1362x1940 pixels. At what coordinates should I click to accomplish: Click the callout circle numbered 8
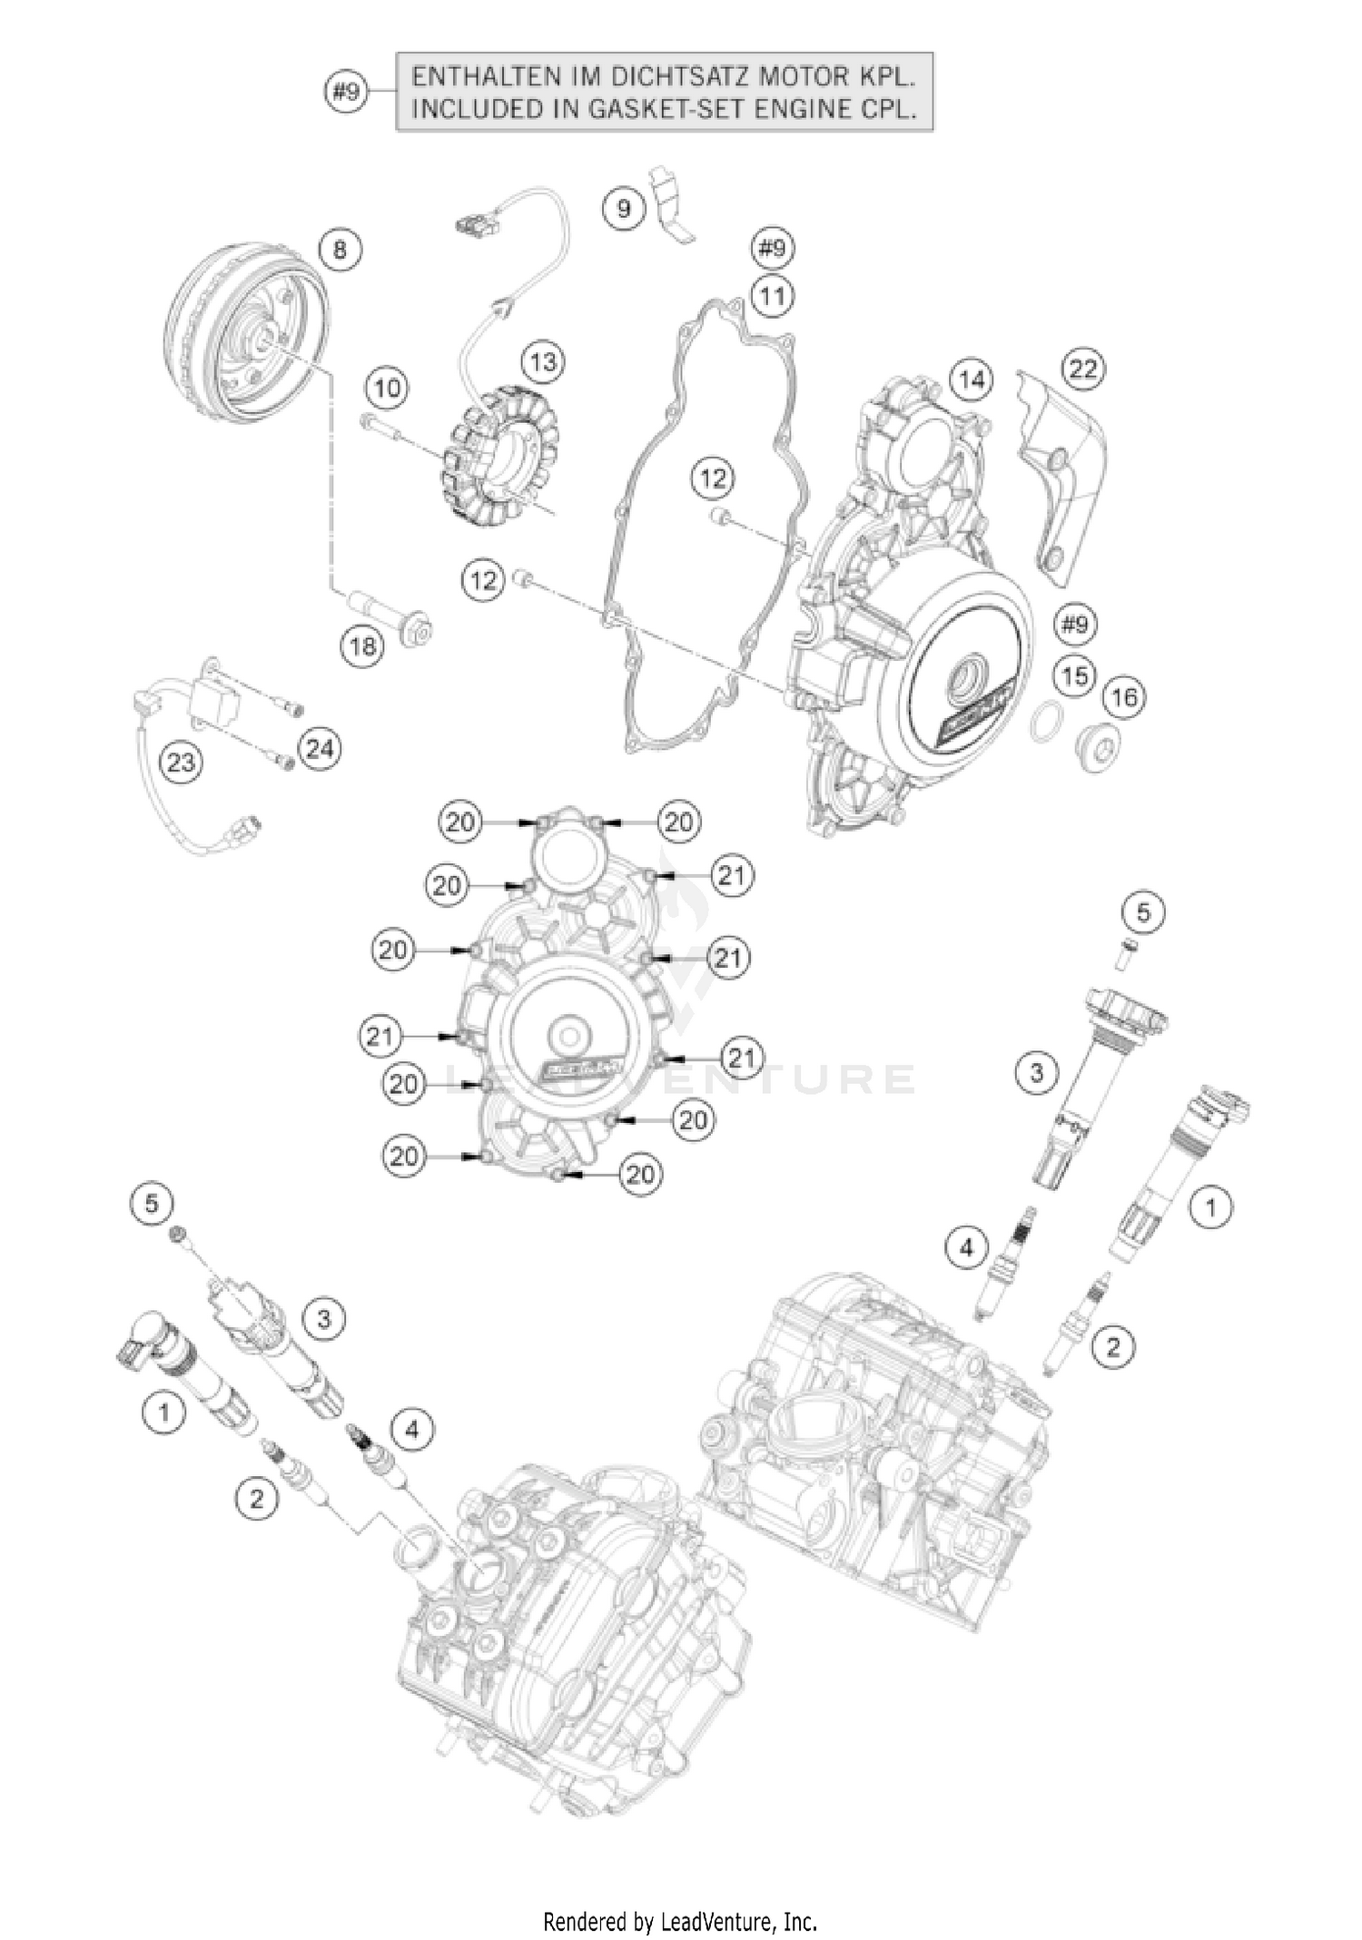pyautogui.click(x=340, y=249)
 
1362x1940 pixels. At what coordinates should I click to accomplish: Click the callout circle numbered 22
pyautogui.click(x=1084, y=369)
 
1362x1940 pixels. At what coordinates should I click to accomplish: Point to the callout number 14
pyautogui.click(x=971, y=379)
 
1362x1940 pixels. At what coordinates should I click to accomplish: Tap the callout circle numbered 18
pyautogui.click(x=363, y=646)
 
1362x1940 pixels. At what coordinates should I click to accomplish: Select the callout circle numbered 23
pyautogui.click(x=181, y=762)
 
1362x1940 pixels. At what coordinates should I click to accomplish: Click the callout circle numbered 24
pyautogui.click(x=320, y=750)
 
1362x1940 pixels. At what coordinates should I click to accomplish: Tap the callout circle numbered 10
pyautogui.click(x=388, y=389)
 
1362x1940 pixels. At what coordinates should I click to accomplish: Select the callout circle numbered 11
pyautogui.click(x=772, y=296)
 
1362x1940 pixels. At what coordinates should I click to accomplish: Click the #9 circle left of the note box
pyautogui.click(x=347, y=92)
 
